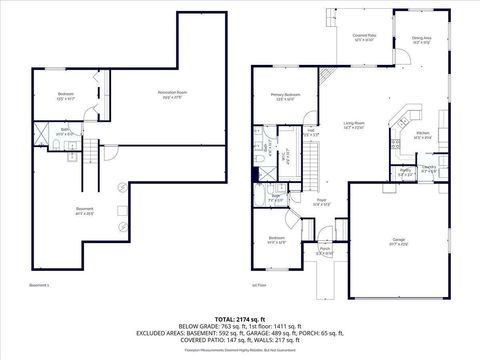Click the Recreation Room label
tap(173, 94)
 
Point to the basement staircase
tap(91, 151)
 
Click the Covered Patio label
tap(363, 37)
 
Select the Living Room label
tap(353, 125)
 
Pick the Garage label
tap(400, 241)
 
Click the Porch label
tap(324, 251)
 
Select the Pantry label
tap(406, 171)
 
